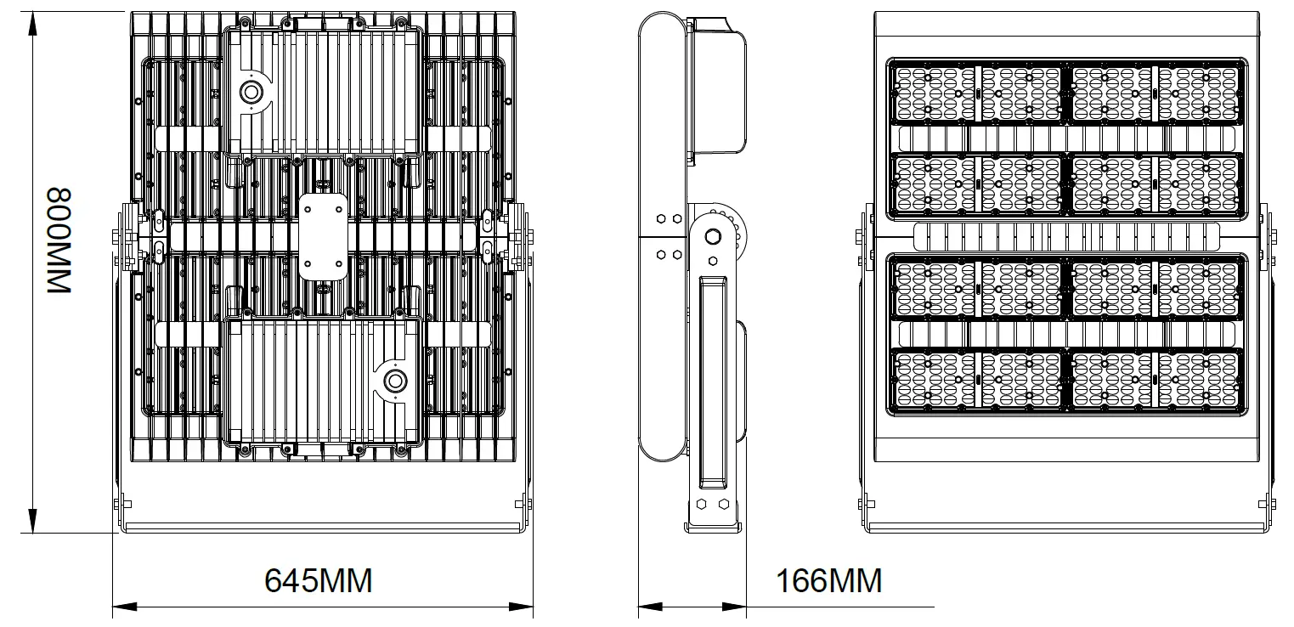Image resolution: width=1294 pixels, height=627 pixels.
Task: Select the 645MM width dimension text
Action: coord(319,581)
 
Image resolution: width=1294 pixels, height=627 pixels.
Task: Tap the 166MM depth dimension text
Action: coord(828,581)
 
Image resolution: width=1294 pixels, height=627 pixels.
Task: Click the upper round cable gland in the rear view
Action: coord(251,93)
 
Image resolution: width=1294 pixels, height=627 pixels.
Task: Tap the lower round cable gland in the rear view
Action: coord(394,381)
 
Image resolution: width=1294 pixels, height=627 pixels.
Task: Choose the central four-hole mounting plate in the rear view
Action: coord(324,237)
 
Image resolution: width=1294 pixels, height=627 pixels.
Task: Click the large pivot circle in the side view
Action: coord(714,235)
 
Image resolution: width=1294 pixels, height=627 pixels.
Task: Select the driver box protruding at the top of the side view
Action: coord(715,85)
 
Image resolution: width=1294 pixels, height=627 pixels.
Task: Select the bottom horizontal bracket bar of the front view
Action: coord(1067,528)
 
